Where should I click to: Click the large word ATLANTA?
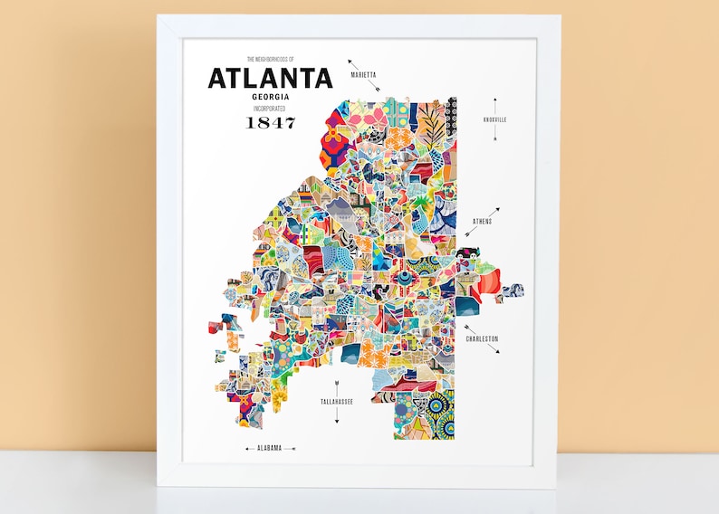point(270,79)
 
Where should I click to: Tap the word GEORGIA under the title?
point(270,97)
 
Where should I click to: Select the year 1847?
point(270,123)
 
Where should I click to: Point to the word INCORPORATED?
point(270,109)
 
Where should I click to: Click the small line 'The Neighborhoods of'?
point(270,60)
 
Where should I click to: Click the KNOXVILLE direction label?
point(495,119)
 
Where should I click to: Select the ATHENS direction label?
point(483,222)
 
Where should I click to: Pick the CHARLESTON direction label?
point(482,338)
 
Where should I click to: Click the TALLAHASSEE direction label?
point(336,400)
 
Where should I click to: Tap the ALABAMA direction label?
point(269,447)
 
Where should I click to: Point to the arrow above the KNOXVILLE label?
point(495,104)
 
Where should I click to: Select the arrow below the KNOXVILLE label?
point(495,134)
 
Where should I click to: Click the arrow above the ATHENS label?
point(493,212)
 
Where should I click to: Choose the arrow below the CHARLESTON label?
point(494,347)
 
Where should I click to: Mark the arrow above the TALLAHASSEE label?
point(336,384)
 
